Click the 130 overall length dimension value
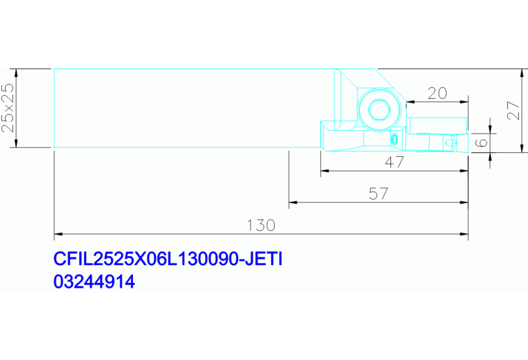coord(261,225)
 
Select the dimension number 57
coord(379,193)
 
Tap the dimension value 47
coord(394,162)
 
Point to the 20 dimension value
coord(437,94)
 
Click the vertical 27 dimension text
coord(514,110)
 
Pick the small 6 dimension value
coord(481,142)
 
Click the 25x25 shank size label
coord(8,107)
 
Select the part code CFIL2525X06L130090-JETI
coord(168,259)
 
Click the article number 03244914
coord(94,282)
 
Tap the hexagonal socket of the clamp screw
coord(379,109)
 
